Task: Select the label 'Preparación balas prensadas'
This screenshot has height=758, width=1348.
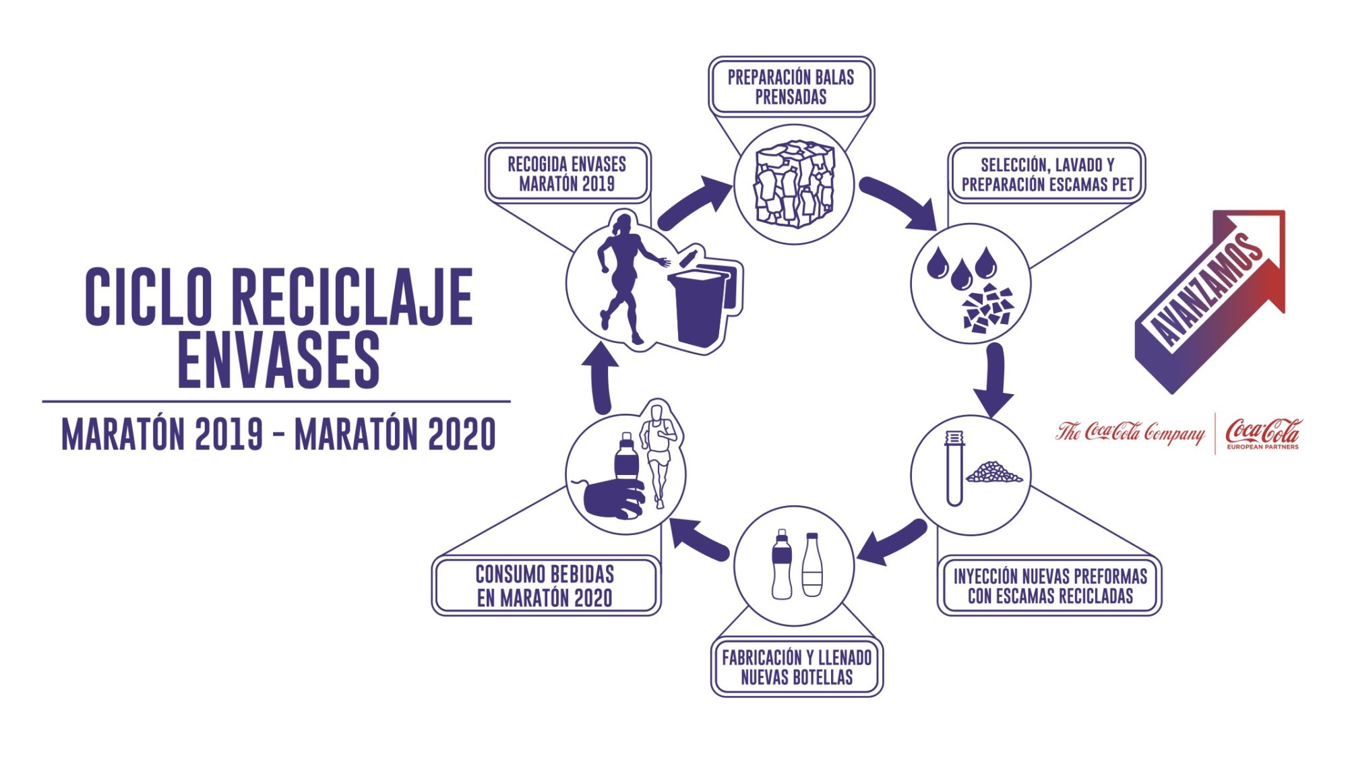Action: [x=791, y=87]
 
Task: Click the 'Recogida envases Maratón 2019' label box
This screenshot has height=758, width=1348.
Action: [x=568, y=173]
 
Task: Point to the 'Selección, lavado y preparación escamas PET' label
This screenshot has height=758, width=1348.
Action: [x=1047, y=174]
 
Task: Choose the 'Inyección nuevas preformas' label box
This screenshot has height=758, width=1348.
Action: [x=1049, y=586]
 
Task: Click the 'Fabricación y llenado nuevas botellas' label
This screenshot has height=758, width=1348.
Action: [x=797, y=667]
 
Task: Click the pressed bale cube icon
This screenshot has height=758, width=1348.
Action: [x=794, y=184]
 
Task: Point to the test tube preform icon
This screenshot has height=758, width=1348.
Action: [x=954, y=468]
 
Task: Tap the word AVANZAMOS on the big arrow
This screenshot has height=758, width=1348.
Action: [x=1206, y=290]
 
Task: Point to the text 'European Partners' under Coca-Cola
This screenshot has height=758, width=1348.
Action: [x=1262, y=447]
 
